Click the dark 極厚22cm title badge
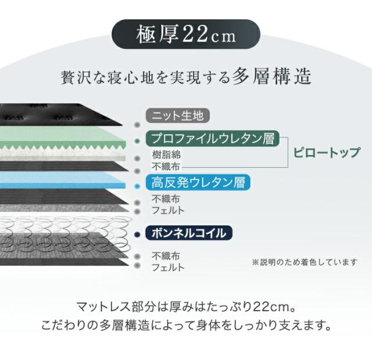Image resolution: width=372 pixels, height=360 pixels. click(x=186, y=34)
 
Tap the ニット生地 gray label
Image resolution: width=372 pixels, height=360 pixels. click(x=178, y=116)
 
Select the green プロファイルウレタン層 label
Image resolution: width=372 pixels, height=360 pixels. click(x=213, y=138)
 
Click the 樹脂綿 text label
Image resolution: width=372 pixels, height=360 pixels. click(x=166, y=154)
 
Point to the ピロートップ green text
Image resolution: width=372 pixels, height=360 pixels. click(x=327, y=152)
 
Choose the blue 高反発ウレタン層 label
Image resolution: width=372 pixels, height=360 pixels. click(x=198, y=182)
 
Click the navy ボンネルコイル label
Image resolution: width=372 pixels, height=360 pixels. click(x=189, y=233)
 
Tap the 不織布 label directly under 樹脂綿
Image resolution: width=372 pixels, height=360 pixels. click(x=166, y=167)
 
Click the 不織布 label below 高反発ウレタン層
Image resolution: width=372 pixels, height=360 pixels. click(x=166, y=199)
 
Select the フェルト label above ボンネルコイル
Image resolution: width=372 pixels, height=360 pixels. click(x=168, y=210)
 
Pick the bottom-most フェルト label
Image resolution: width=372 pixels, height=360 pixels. click(x=168, y=267)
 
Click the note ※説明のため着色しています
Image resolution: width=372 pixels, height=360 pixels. click(x=305, y=262)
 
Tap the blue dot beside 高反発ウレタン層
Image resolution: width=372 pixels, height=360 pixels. click(x=137, y=186)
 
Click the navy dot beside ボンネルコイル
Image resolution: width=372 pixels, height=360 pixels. click(x=137, y=235)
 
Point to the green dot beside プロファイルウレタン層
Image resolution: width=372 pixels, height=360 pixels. click(x=137, y=141)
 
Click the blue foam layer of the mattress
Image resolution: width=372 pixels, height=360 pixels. click(x=62, y=180)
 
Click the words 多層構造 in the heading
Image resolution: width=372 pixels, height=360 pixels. click(x=272, y=76)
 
